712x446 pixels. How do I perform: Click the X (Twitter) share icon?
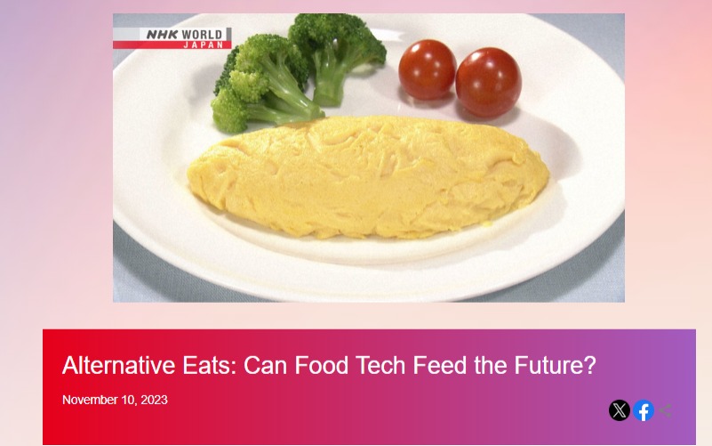click(619, 410)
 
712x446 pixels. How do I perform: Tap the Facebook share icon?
click(644, 410)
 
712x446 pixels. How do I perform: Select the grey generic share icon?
click(666, 410)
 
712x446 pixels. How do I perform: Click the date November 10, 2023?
click(115, 400)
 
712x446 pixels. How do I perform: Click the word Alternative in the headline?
click(119, 365)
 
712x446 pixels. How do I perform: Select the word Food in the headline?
click(322, 365)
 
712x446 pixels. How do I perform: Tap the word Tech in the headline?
click(380, 365)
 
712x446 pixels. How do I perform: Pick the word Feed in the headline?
click(440, 365)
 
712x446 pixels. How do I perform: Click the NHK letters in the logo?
click(162, 35)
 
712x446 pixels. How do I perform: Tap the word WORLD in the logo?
click(202, 35)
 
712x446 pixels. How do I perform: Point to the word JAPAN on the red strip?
click(204, 45)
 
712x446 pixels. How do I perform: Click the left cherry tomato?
click(428, 69)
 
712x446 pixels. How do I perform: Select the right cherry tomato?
click(488, 82)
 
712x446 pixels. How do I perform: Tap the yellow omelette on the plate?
click(368, 176)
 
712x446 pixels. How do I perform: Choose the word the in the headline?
click(491, 365)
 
